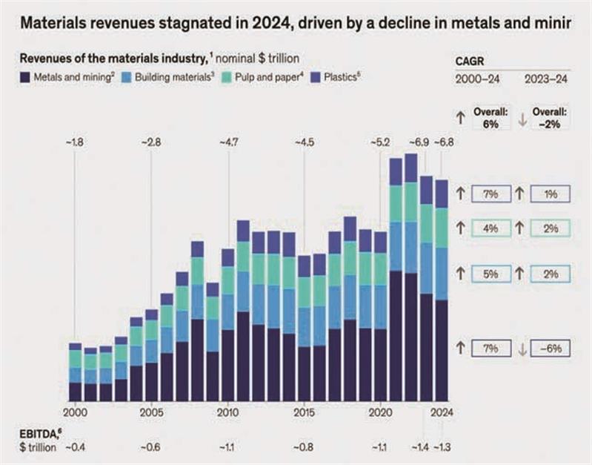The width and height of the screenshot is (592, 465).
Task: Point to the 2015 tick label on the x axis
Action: coord(303,412)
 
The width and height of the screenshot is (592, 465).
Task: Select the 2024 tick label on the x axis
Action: coord(442,412)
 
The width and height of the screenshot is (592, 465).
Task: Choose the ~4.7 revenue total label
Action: coord(227,141)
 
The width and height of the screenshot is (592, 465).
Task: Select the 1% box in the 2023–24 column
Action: coord(551,194)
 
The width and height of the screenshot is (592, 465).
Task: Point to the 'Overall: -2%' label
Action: coord(549,118)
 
